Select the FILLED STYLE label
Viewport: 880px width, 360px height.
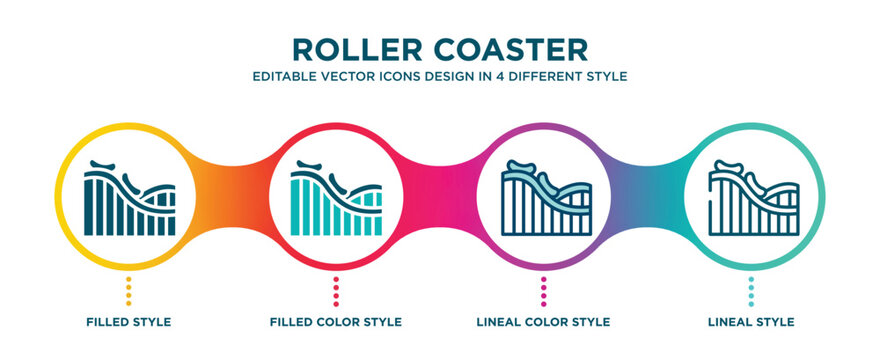click(128, 322)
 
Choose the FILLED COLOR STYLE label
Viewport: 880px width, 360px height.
click(336, 322)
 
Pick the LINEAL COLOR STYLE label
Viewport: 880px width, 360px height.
click(543, 322)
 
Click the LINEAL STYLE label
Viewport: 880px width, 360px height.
click(751, 322)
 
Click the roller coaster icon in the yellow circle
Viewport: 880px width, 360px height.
click(128, 198)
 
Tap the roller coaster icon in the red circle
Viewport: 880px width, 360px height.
click(336, 198)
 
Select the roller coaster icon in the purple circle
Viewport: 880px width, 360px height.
click(543, 198)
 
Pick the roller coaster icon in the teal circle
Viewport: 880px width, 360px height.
click(751, 198)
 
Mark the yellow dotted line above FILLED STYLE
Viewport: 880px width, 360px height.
click(128, 292)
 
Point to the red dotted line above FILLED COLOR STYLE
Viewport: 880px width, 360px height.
click(336, 292)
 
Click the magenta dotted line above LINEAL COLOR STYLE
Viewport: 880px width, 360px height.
click(543, 292)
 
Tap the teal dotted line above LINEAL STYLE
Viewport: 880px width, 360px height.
click(751, 292)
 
